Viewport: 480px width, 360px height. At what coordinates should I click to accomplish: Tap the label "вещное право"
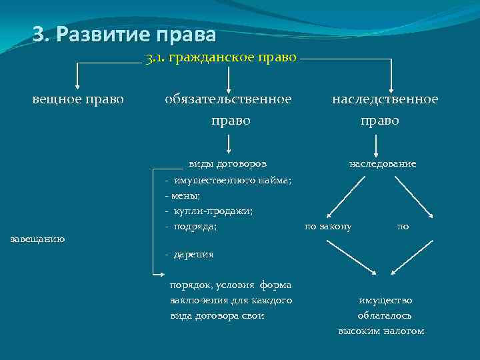[x=78, y=99]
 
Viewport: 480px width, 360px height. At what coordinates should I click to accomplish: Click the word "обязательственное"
[x=228, y=99]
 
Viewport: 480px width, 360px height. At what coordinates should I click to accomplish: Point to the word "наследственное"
[x=385, y=99]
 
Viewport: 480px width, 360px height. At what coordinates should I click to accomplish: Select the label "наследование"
[x=382, y=163]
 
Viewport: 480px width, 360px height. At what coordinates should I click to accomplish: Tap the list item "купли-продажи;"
[x=213, y=211]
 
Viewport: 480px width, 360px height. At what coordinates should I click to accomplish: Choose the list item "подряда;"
[x=195, y=227]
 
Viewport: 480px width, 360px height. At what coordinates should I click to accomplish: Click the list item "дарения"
[x=193, y=254]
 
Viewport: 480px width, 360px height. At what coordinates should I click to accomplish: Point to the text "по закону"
[x=328, y=227]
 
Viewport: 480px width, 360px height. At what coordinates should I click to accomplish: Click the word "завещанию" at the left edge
[x=38, y=239]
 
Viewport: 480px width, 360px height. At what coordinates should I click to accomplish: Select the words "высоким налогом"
[x=381, y=331]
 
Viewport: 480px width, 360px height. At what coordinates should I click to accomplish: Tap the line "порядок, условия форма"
[x=231, y=285]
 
